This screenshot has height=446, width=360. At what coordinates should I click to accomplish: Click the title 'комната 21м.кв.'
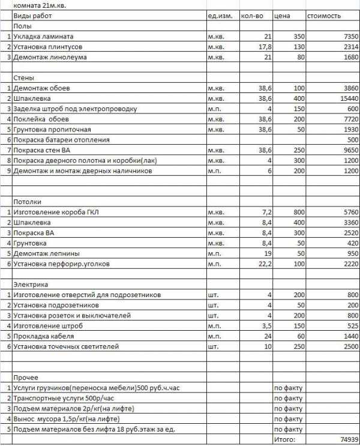[x=37, y=4]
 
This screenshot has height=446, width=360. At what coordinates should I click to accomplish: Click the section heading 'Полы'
[x=22, y=26]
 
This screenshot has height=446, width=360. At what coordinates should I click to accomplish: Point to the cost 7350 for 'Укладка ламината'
[x=348, y=37]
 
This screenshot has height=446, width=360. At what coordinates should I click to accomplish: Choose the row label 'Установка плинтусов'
[x=48, y=47]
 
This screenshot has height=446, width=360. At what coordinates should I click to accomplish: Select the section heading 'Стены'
[x=24, y=78]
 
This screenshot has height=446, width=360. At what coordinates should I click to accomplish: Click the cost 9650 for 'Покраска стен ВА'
[x=348, y=150]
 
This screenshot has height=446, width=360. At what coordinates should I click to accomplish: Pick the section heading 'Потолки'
[x=28, y=202]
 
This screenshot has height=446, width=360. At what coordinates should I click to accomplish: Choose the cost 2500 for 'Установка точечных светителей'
[x=348, y=346]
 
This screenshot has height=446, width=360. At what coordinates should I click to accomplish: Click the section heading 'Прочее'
[x=26, y=378]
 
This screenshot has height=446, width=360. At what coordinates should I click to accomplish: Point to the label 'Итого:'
[x=286, y=439]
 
